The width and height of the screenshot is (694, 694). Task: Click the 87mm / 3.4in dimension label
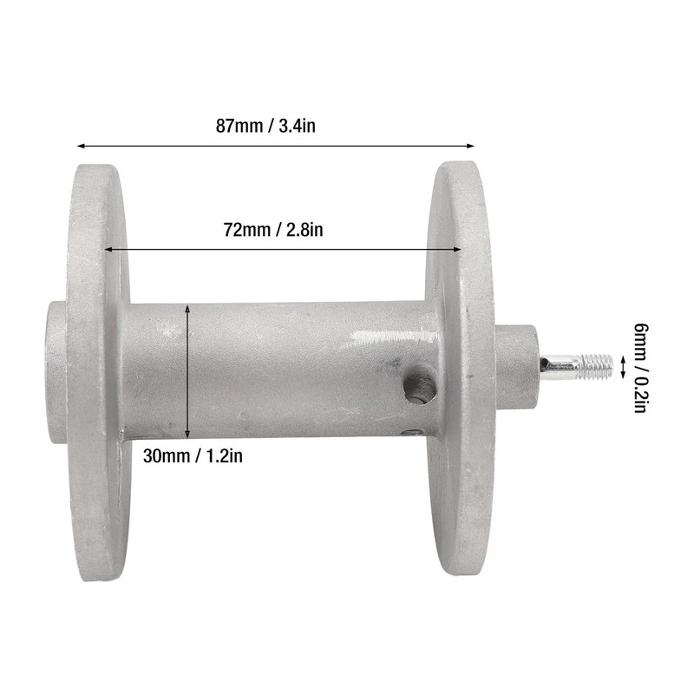point(265,126)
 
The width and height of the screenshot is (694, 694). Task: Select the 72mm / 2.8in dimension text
point(273,230)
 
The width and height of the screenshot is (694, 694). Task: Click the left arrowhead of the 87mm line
point(82,146)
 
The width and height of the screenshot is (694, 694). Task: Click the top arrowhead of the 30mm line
point(188,307)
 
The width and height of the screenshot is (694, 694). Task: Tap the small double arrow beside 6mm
point(622,367)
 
